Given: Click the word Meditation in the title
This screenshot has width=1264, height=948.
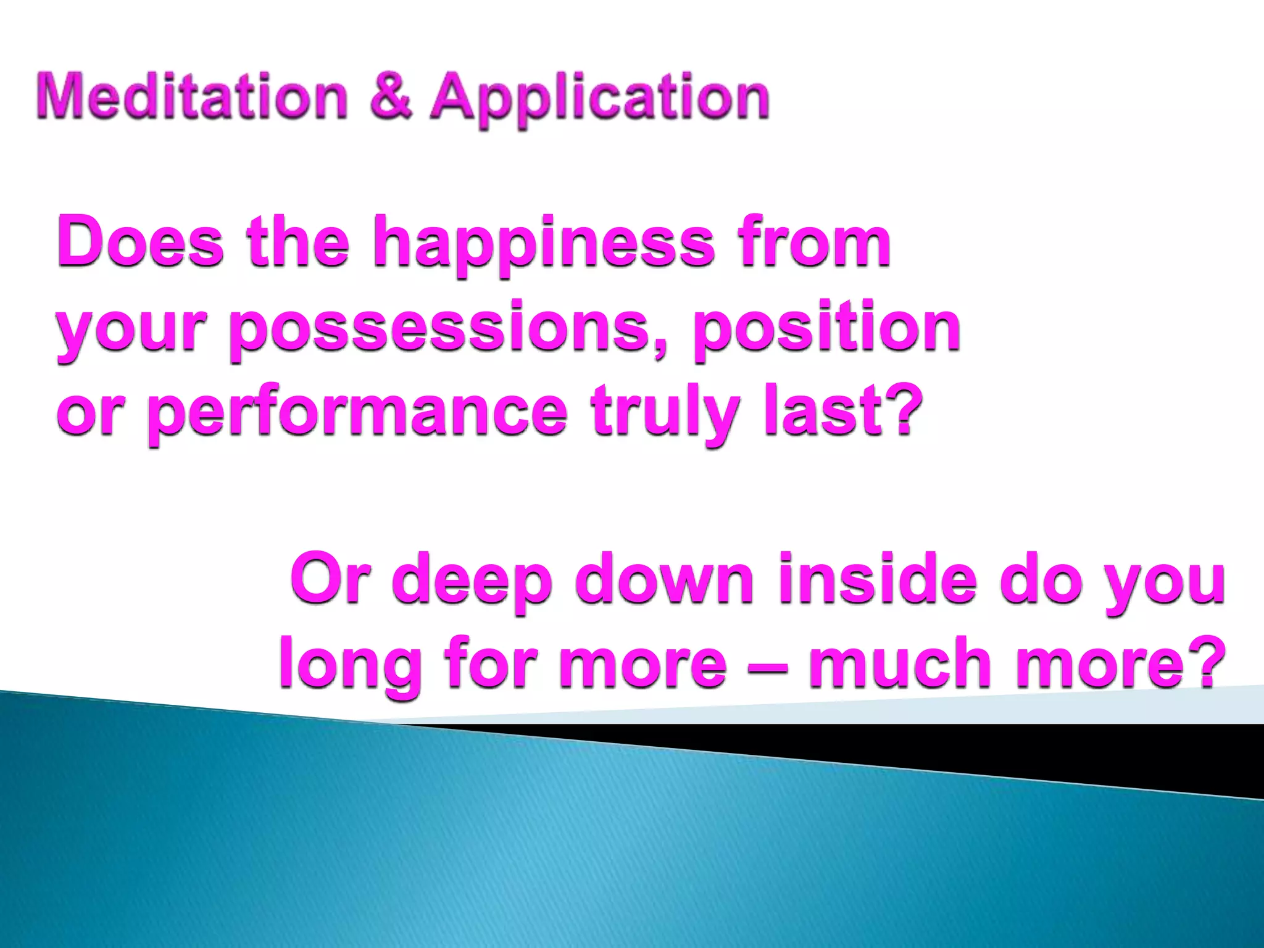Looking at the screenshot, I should pyautogui.click(x=192, y=97).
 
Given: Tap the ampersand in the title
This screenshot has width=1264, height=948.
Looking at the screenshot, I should pyautogui.click(x=391, y=97).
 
